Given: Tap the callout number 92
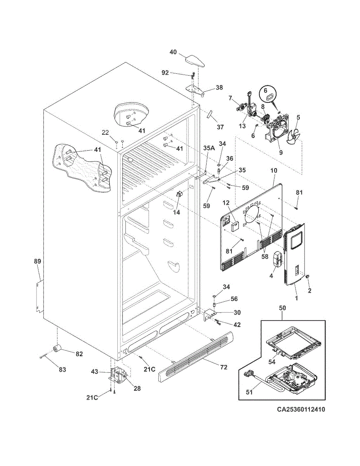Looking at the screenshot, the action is tap(165, 73).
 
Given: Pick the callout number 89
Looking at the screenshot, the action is tap(37, 261).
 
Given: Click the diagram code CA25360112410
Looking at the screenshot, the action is tap(301, 416).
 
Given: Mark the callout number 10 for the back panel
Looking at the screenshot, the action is tap(273, 171).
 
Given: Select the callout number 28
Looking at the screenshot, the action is tap(137, 388).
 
